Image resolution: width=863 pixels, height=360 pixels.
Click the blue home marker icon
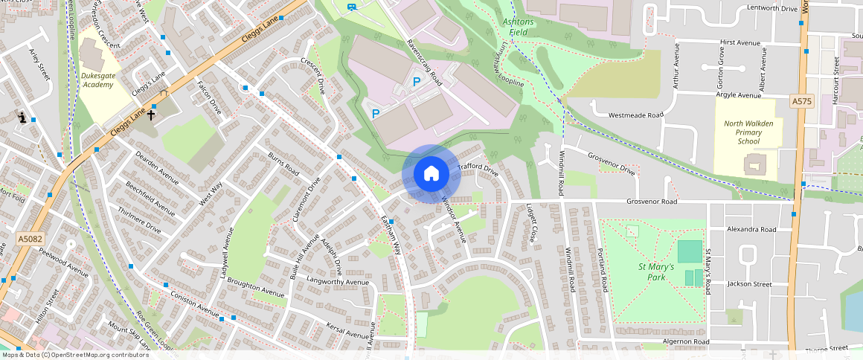point(431,174)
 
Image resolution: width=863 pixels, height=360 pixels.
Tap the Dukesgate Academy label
point(97,80)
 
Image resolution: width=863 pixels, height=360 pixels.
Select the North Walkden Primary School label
point(748,132)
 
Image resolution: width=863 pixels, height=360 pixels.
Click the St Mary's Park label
point(656,271)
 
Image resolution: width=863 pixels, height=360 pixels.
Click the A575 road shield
point(802,100)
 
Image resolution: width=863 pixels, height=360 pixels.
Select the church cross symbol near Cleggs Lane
point(151,115)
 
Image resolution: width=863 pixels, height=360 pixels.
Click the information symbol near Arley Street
point(22,118)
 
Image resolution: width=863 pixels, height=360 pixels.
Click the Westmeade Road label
point(635,115)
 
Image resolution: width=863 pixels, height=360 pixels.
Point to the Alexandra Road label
point(751,229)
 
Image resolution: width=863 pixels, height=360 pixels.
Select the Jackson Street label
point(749,284)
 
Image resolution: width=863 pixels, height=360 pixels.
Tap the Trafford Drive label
point(477,169)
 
